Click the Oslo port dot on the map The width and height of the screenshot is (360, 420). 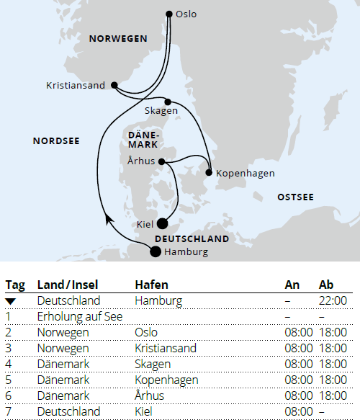coord(169,14)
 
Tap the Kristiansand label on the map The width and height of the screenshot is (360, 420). coord(76,86)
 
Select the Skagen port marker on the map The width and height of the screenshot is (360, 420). coord(167,102)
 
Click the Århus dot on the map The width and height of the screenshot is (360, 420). coord(161,161)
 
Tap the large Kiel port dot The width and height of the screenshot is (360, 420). coord(163,224)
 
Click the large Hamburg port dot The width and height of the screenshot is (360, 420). coord(155,251)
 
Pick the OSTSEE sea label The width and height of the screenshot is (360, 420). coord(295,196)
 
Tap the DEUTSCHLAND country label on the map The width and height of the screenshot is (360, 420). coord(192,238)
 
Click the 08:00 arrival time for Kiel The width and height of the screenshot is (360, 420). coord(299,411)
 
